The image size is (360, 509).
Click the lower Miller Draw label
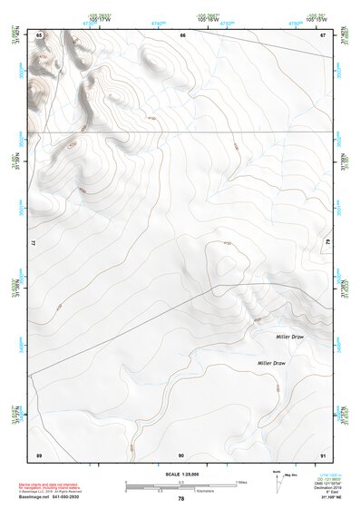click(271, 363)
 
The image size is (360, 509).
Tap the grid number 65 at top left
click(39, 34)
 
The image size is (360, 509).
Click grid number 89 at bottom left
click(39, 454)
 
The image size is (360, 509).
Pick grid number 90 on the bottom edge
click(181, 454)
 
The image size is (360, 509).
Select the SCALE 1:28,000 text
click(181, 474)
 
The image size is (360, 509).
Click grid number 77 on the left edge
click(33, 244)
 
